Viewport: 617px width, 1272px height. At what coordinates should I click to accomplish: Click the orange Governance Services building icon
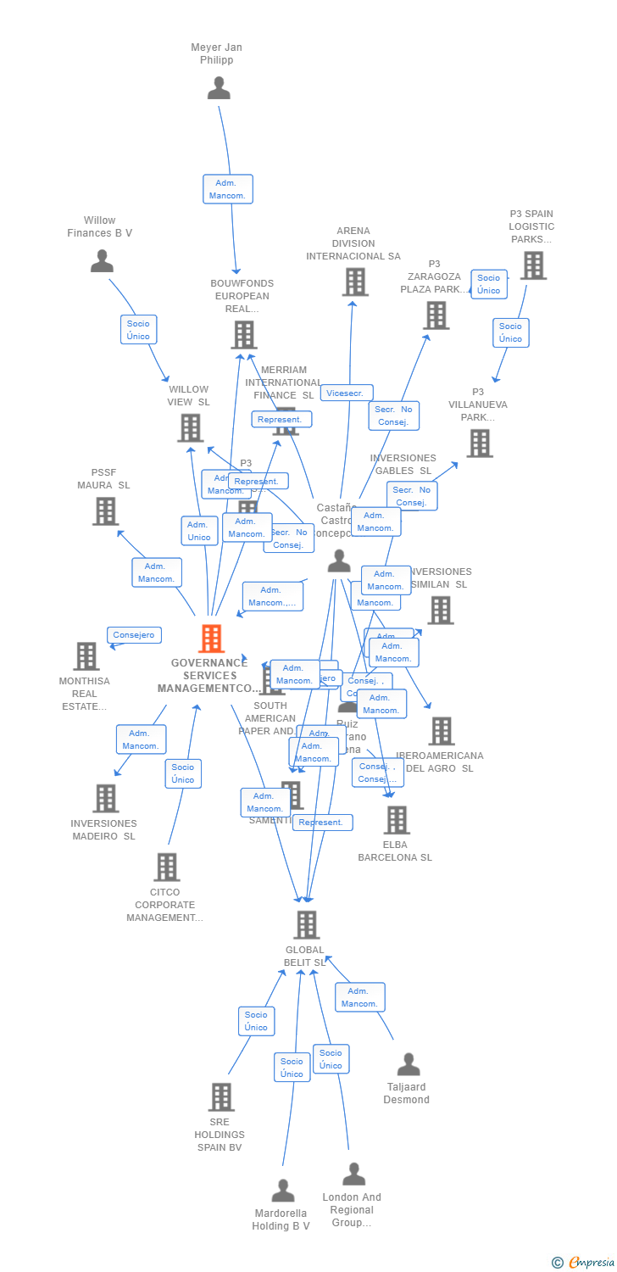[211, 639]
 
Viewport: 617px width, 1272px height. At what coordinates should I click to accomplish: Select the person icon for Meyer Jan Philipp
[219, 88]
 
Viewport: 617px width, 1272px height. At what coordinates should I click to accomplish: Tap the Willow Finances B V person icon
[102, 261]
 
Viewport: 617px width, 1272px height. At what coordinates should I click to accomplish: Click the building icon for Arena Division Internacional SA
[354, 282]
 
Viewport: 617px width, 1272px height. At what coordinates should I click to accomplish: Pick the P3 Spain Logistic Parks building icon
[533, 265]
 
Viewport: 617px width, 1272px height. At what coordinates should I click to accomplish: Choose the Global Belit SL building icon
[306, 925]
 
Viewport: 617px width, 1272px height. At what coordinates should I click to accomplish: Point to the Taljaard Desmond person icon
[409, 1064]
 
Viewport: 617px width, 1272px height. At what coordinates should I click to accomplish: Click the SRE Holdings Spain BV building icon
[220, 1097]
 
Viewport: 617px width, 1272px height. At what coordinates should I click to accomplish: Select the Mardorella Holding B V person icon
[283, 1191]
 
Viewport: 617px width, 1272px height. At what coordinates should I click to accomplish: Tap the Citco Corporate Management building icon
[167, 868]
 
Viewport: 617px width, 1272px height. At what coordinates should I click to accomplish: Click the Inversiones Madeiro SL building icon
[105, 798]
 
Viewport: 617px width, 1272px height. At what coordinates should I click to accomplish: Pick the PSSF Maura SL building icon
[105, 511]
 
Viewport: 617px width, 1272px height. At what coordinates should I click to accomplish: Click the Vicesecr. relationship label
[347, 393]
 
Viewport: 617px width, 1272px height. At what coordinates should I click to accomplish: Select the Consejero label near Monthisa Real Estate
[134, 635]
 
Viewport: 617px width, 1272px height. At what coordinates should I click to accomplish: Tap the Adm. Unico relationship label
[199, 531]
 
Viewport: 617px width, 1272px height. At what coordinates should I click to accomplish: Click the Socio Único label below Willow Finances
[138, 330]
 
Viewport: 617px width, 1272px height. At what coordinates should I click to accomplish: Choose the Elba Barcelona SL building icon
[396, 820]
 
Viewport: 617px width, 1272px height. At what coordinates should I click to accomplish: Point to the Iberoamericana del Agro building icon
[441, 731]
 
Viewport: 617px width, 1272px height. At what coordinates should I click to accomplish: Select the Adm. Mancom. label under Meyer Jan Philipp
[228, 189]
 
